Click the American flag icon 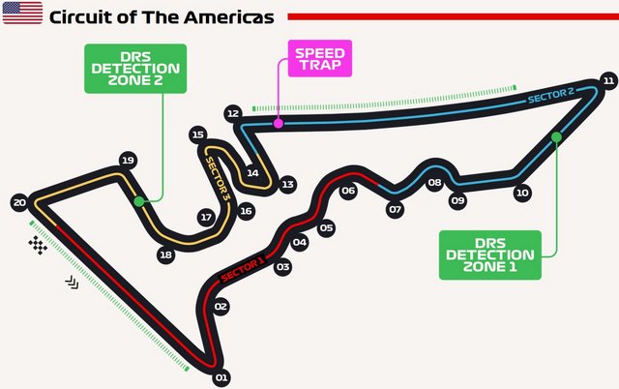tap(22, 13)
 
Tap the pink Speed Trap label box tap(320, 58)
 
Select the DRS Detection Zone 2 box tap(135, 69)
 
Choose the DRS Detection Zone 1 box tap(490, 255)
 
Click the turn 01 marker tap(221, 378)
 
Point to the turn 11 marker tap(608, 80)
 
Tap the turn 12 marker tap(233, 113)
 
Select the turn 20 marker tap(19, 202)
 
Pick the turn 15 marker tap(198, 135)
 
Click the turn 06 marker tap(348, 191)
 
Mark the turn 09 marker tap(457, 200)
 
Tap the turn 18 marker tap(165, 254)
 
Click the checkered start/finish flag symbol tap(38, 245)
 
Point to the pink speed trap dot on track tap(279, 124)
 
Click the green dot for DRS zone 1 tap(556, 137)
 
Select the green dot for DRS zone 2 tap(138, 202)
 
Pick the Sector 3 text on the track tap(218, 180)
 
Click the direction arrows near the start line tap(72, 283)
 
